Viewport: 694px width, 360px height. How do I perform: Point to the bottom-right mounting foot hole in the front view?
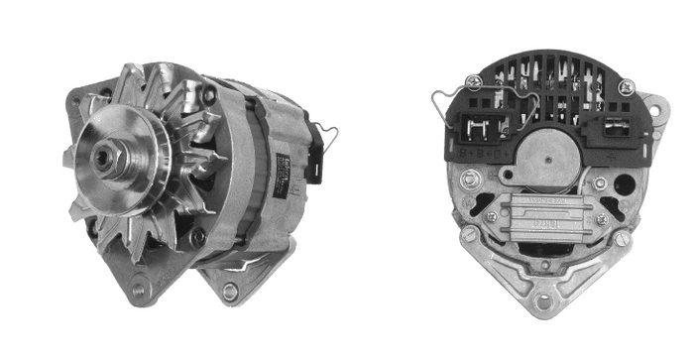click(230, 291)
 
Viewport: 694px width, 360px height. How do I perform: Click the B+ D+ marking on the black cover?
click(475, 155)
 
